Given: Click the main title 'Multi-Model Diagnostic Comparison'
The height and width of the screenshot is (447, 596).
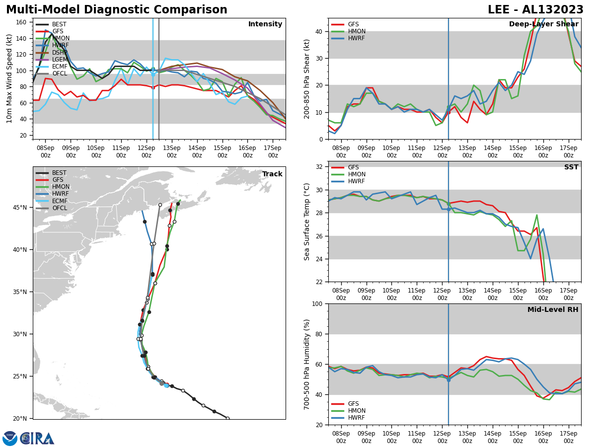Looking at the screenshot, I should point(117,10).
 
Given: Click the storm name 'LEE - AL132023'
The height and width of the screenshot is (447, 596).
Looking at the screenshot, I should point(535,10).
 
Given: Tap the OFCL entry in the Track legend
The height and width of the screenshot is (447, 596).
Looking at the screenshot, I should point(59,208).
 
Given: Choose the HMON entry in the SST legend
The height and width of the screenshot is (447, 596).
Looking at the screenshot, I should point(357,174).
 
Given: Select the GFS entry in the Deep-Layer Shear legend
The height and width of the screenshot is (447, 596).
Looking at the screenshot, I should point(353,24).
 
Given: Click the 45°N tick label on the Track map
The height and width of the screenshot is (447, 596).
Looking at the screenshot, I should point(20,207).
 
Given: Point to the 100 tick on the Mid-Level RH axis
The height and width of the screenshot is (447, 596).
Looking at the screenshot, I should point(316,303).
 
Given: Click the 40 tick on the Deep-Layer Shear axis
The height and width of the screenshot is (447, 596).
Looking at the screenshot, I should point(318,31).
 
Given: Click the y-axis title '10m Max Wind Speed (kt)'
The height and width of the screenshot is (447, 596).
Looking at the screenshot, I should point(9,78).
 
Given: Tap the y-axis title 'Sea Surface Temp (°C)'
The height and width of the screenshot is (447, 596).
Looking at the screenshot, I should point(307,222).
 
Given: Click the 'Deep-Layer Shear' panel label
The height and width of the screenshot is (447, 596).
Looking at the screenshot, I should point(543,24).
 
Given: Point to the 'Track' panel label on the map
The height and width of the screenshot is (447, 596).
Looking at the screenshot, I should point(272,174).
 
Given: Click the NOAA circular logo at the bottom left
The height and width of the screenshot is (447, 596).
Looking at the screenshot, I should point(10,439).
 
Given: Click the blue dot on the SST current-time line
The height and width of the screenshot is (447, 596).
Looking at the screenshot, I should point(448,209).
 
